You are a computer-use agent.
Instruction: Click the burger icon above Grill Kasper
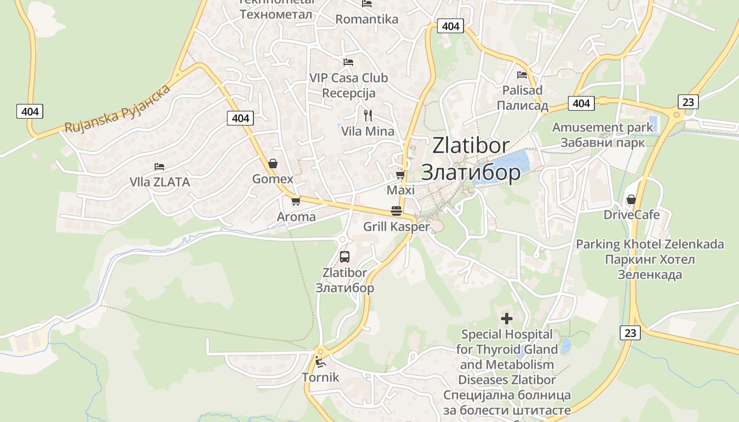396,211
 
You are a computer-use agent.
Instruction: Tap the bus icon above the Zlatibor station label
345,257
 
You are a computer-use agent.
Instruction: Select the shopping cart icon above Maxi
400,175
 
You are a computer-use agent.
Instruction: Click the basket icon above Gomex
273,164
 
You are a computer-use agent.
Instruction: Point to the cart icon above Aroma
296,201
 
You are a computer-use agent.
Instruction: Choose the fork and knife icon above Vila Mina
368,115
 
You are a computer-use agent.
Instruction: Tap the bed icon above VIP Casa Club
348,62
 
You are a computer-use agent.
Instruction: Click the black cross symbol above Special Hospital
507,319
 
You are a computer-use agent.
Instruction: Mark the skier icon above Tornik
319,362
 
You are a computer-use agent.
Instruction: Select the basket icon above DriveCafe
631,199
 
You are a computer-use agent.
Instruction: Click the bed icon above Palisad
522,74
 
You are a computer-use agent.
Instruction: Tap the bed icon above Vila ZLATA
159,167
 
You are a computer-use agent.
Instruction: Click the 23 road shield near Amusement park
688,101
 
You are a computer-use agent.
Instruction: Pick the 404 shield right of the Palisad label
581,103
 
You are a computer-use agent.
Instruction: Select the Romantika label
367,20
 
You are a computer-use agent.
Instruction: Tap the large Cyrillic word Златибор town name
471,172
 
